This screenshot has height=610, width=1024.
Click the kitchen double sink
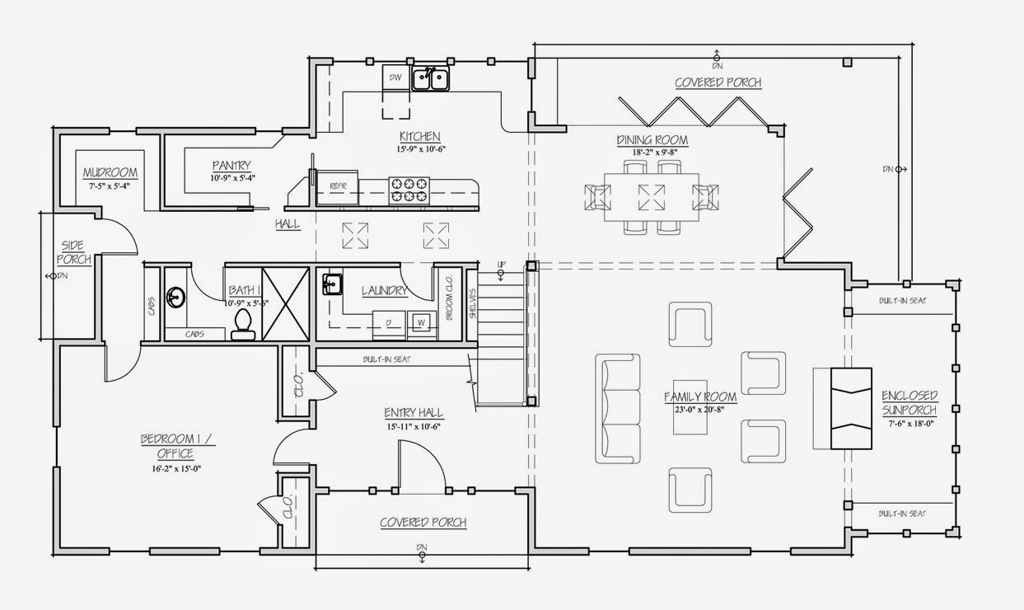pyautogui.click(x=430, y=79)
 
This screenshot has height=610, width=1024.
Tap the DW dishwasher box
pyautogui.click(x=395, y=77)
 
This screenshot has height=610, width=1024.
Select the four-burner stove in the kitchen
pyautogui.click(x=409, y=190)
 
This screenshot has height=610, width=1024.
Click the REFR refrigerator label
pyautogui.click(x=338, y=186)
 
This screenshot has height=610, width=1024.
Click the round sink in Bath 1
pyautogui.click(x=175, y=297)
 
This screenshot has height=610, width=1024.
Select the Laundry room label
pyautogui.click(x=385, y=290)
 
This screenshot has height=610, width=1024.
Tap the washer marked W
pyautogui.click(x=420, y=321)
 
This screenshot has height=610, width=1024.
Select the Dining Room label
pyautogui.click(x=652, y=140)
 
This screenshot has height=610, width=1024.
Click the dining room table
pyautogui.click(x=652, y=196)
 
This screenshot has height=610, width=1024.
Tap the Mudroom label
pyautogui.click(x=110, y=173)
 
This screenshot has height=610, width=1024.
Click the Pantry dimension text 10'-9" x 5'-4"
pyautogui.click(x=231, y=177)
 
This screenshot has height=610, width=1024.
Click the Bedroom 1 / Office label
pyautogui.click(x=178, y=446)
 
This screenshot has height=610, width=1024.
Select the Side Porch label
pyautogui.click(x=73, y=252)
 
